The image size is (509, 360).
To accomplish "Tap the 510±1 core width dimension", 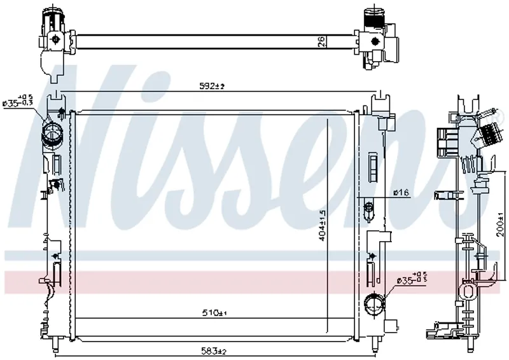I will [x=214, y=312].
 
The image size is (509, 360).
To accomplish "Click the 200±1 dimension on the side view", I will [x=501, y=226].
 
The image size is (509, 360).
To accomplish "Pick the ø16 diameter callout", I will [x=400, y=193].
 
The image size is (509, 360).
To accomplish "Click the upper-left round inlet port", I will [x=51, y=134].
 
